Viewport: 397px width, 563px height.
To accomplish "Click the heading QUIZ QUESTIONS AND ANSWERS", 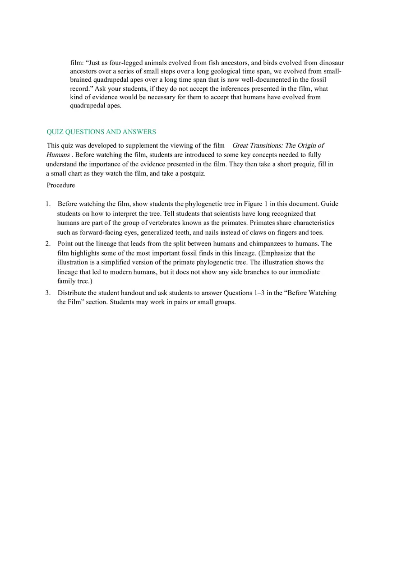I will (x=101, y=132).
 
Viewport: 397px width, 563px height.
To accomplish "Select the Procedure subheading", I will (x=61, y=185).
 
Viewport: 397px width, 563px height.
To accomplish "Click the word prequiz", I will (x=302, y=164).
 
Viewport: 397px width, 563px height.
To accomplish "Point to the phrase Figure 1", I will (x=256, y=204).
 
